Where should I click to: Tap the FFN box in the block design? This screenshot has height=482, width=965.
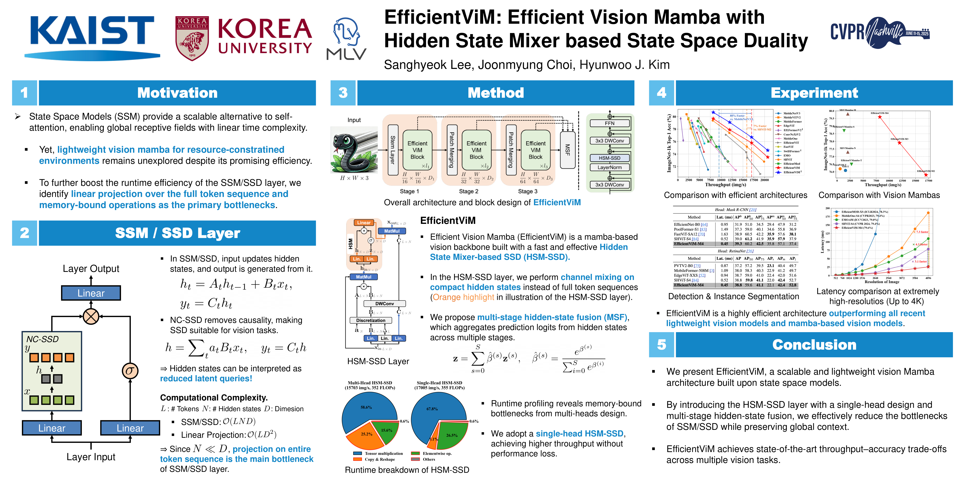point(610,123)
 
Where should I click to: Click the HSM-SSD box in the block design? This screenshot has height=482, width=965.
point(610,158)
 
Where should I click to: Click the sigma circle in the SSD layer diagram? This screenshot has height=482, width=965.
point(130,371)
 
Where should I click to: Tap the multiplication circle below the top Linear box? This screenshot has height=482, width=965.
point(91,317)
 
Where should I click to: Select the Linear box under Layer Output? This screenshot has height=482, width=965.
point(91,293)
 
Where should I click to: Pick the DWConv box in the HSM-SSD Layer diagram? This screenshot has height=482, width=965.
point(384,304)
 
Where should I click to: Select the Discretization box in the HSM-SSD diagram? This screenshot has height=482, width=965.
point(371,320)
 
